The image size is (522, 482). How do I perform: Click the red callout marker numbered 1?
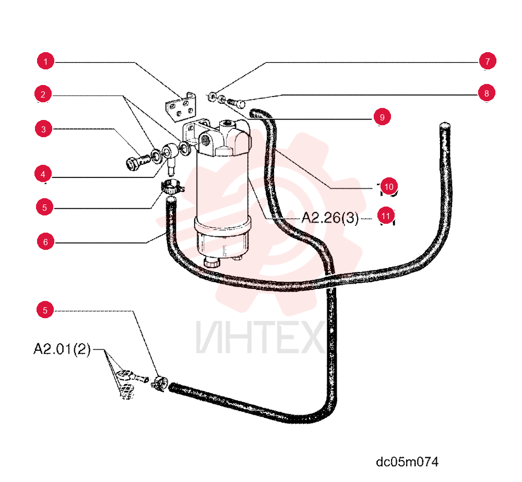pos(45,61)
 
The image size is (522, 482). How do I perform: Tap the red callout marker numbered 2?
pos(43,94)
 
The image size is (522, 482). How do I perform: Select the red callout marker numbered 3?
pos(44,129)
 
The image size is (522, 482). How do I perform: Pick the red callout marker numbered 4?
pos(43,174)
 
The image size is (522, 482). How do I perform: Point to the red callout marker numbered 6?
pos(45,242)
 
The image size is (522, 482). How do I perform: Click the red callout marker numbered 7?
pos(488,61)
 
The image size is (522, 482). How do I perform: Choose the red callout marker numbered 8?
pos(487,93)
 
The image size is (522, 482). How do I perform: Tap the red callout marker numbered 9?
pos(382,117)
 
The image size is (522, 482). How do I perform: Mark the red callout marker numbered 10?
pos(389,187)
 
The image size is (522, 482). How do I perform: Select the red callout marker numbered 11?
pos(386,216)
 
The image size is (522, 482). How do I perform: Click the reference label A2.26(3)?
pos(330,218)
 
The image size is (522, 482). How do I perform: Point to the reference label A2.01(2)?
pos(62,349)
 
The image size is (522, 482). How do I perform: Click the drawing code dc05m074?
pos(407,462)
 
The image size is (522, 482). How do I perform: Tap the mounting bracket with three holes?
pos(180,107)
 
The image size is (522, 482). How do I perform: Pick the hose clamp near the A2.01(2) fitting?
pos(160,382)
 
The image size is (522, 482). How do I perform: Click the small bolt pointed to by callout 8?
pos(236,103)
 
